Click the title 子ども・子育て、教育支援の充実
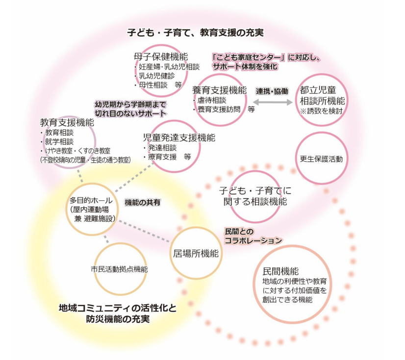click(195, 33)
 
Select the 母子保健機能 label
click(161, 57)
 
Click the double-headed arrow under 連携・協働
click(272, 102)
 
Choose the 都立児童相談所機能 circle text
click(322, 96)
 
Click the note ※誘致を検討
click(322, 112)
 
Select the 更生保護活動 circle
click(321, 159)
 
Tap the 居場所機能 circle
click(196, 253)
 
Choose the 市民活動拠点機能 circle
click(119, 269)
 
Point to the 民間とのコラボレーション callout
click(253, 236)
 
